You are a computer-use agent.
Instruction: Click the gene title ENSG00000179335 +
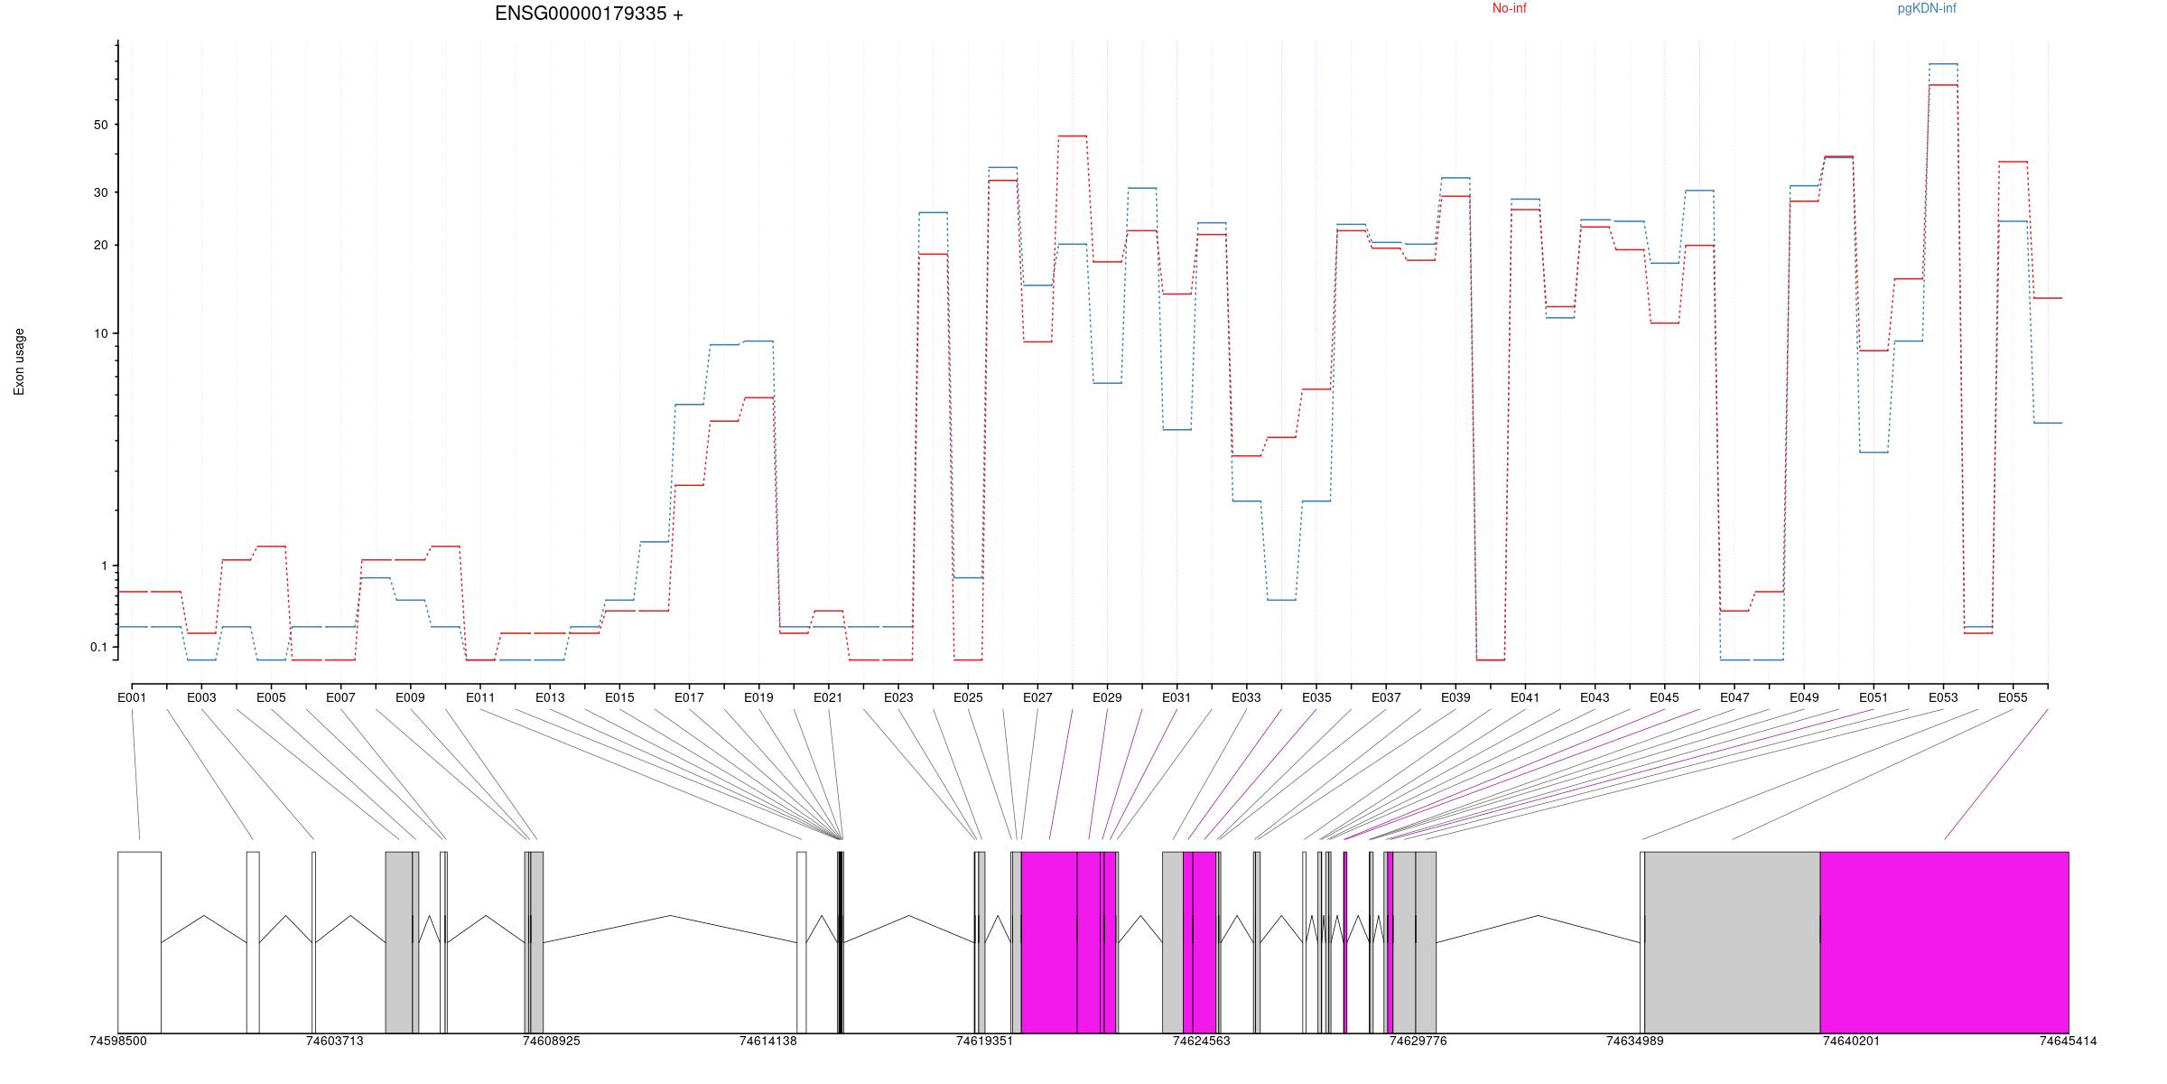coord(589,14)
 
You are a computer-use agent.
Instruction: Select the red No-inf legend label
coord(1509,9)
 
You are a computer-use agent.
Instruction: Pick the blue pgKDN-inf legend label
coord(1926,9)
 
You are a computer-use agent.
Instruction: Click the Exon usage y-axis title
coord(19,361)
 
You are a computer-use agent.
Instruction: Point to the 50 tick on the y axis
coord(100,125)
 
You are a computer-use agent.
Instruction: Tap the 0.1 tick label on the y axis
coord(98,647)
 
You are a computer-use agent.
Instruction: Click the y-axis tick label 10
coord(100,333)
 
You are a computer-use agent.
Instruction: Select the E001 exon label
coord(132,697)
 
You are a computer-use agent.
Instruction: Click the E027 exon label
coord(1037,697)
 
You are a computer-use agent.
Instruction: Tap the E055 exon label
coord(2013,697)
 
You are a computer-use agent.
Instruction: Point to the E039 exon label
coord(1456,697)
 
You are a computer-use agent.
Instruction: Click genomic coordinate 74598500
coord(117,1041)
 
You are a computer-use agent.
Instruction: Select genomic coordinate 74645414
coord(2068,1041)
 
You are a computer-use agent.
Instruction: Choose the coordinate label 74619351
coord(984,1041)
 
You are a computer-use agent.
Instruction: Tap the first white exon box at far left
coord(139,941)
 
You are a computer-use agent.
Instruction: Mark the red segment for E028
coord(1073,135)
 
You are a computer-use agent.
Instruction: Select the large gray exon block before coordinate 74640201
coord(1732,941)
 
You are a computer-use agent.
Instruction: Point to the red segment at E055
coord(2014,162)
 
